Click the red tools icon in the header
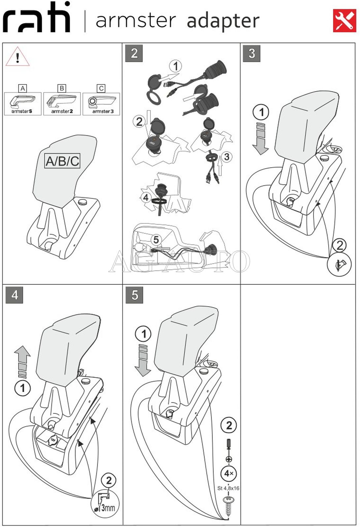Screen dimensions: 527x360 tap(344, 20)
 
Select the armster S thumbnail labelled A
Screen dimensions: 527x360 tap(22, 104)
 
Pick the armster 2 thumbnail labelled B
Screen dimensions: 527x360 tap(62, 104)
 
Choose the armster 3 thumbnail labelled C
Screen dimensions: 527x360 tap(101, 104)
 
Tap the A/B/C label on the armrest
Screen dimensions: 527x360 tap(62, 161)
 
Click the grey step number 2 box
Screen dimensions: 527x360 tap(134, 53)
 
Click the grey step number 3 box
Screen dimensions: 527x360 tap(251, 53)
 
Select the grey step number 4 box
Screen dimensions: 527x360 tap(15, 295)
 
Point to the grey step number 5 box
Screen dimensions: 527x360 tap(134, 295)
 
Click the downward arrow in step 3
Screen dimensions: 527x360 tap(261, 139)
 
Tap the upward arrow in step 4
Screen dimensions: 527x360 tap(22, 362)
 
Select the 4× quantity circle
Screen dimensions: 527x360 tap(229, 474)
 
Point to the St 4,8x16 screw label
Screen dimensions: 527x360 tap(228, 488)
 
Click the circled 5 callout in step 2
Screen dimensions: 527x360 tap(156, 240)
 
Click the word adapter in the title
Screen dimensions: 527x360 tap(223, 21)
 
